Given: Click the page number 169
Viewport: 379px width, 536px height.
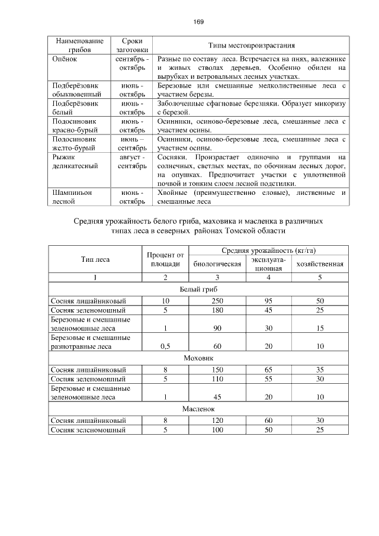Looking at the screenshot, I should click(198, 22).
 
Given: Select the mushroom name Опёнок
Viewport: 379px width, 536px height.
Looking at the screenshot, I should click(64, 59).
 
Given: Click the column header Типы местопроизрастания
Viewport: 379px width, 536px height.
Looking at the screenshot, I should click(251, 46).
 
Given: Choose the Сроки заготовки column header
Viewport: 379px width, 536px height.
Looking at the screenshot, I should click(131, 46).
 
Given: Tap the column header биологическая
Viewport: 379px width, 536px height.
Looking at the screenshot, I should click(217, 264).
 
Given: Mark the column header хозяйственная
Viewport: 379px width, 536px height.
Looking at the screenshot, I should click(320, 264).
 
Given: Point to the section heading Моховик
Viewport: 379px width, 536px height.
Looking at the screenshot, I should click(198, 358).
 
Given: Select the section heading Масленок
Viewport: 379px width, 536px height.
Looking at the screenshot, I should click(198, 409).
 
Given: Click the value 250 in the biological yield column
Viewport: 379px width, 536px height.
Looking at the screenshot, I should click(217, 301).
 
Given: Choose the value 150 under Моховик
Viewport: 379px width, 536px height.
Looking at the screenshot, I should click(217, 370).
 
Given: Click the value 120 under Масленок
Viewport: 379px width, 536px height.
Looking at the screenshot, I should click(217, 420).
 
